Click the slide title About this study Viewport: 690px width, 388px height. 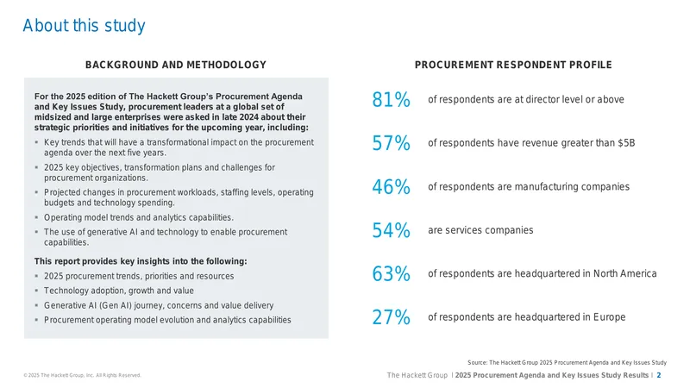[84, 26]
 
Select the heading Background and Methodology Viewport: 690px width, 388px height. [176, 65]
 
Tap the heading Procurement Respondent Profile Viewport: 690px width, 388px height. [513, 65]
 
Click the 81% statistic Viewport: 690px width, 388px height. [391, 99]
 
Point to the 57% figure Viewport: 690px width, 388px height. [391, 143]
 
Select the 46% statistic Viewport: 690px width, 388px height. [391, 186]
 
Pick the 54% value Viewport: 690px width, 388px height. [391, 230]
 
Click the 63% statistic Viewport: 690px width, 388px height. [391, 273]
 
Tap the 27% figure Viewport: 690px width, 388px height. [391, 317]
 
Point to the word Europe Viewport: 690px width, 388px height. [609, 317]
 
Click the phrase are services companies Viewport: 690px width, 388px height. [480, 230]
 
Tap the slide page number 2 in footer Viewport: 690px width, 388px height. [659, 375]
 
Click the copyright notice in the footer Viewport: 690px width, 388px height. [82, 375]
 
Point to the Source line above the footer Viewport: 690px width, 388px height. [567, 362]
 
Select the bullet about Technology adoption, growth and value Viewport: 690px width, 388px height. [119, 291]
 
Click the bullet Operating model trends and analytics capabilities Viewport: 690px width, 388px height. [139, 218]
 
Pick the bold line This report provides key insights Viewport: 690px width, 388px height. [141, 261]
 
